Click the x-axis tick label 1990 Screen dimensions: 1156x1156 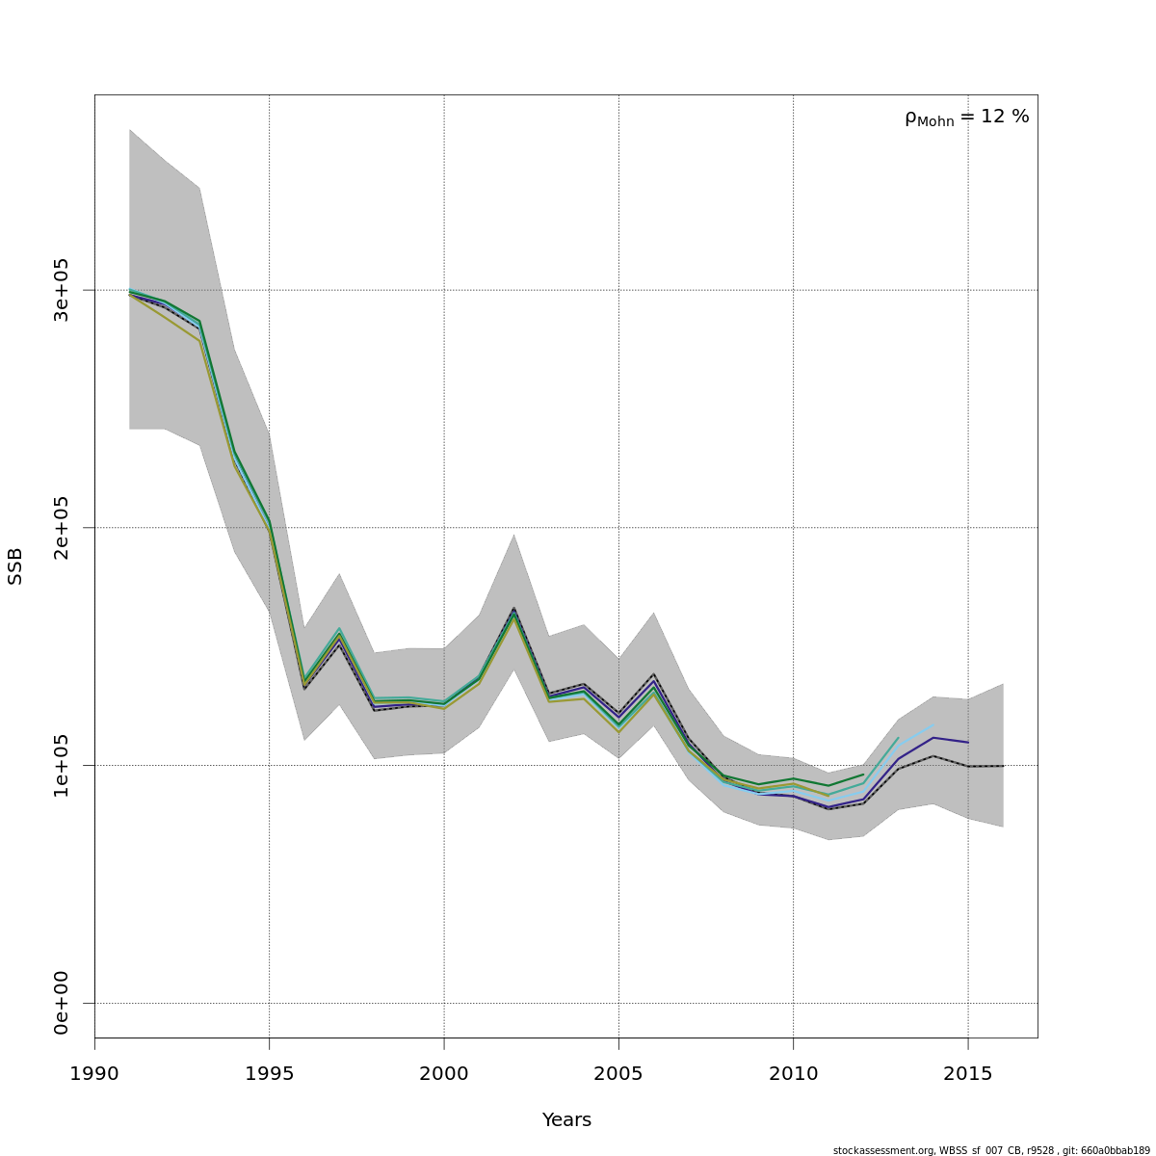click(x=94, y=1074)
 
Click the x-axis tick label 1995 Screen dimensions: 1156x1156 click(x=269, y=1074)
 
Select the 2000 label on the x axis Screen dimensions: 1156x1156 click(x=443, y=1074)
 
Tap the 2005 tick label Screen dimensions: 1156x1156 click(x=618, y=1074)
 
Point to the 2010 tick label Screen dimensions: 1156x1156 click(x=793, y=1074)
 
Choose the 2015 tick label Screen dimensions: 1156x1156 click(x=967, y=1074)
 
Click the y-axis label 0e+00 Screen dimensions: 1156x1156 click(x=62, y=1003)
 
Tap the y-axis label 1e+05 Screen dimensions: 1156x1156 click(x=62, y=765)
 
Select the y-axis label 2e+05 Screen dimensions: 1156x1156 click(x=62, y=527)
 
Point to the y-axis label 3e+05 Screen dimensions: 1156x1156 click(x=62, y=290)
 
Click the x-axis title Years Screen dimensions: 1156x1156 click(x=566, y=1120)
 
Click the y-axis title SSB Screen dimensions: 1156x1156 click(x=15, y=565)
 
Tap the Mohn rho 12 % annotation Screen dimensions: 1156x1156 click(x=966, y=118)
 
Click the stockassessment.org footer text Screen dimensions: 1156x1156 click(x=991, y=1150)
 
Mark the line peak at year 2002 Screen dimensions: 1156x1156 click(x=513, y=610)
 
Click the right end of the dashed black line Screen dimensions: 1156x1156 click(x=1003, y=766)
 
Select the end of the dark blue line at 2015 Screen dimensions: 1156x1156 click(x=967, y=742)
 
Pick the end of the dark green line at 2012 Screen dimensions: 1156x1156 click(x=863, y=775)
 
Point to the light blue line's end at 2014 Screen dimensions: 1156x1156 click(x=933, y=725)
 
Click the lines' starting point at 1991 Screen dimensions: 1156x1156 click(x=129, y=292)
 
